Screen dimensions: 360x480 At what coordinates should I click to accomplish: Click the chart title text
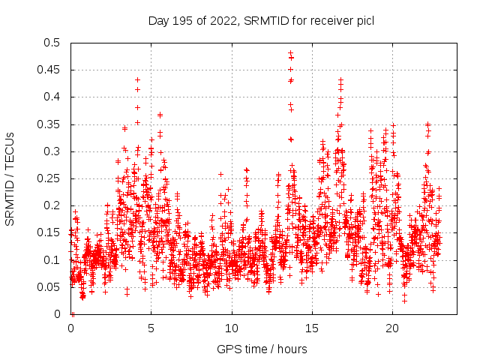tap(261, 20)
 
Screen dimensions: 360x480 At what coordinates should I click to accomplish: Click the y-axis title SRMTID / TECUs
tap(10, 179)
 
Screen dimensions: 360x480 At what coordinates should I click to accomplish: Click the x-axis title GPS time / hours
tap(261, 349)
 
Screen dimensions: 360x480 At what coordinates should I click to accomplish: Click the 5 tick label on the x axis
tap(151, 328)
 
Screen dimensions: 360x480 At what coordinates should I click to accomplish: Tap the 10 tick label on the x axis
tap(232, 328)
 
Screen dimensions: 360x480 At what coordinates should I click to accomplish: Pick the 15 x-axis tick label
tap(312, 328)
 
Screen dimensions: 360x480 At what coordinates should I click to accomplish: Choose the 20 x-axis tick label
tap(392, 328)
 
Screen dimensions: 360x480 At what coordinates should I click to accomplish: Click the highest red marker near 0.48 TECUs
tap(290, 53)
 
